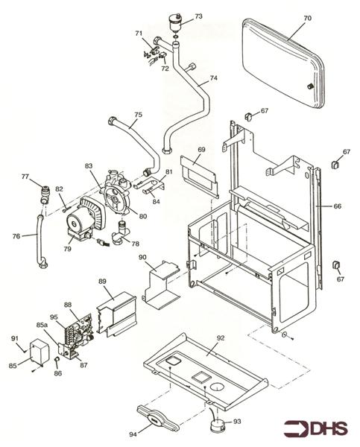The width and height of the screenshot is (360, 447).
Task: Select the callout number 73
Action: pos(198,16)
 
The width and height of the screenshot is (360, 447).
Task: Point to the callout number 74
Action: pos(214,77)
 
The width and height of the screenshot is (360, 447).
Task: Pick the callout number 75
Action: pos(138,115)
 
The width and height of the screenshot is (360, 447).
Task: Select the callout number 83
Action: pos(88,165)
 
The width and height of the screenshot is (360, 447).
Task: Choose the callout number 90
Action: pos(142,257)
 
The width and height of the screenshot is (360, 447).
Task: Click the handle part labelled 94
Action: pos(157,418)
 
